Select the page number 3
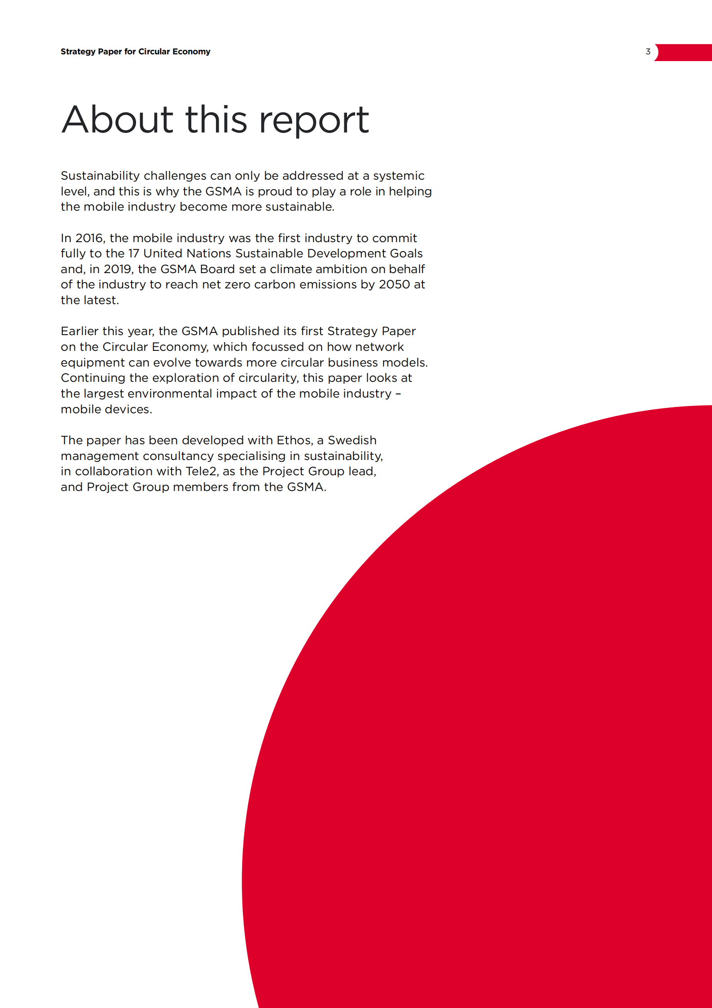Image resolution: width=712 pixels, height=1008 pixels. click(648, 52)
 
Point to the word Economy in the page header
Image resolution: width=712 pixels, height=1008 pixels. click(191, 52)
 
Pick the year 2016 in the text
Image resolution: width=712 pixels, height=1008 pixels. click(90, 238)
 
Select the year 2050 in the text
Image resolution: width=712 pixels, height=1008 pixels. click(395, 284)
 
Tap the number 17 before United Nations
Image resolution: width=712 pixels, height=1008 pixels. click(134, 253)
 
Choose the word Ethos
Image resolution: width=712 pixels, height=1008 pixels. click(294, 440)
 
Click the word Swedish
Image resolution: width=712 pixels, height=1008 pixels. click(352, 440)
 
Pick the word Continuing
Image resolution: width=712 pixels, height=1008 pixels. click(93, 378)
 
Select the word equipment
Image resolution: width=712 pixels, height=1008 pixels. click(93, 363)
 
